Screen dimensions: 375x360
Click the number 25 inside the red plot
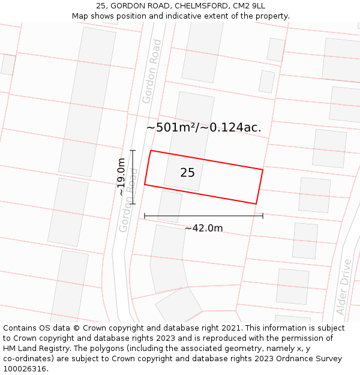click(x=187, y=173)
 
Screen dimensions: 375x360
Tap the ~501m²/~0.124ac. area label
click(x=203, y=127)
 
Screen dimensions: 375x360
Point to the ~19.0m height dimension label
click(x=122, y=177)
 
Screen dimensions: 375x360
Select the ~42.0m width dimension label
click(x=203, y=228)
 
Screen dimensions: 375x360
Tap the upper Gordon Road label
click(x=152, y=71)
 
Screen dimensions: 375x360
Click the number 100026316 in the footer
click(x=23, y=368)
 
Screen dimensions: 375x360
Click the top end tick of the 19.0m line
click(x=133, y=151)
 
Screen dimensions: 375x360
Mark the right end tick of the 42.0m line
click(x=263, y=216)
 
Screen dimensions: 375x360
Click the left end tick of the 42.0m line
click(x=145, y=216)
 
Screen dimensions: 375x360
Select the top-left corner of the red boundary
click(x=151, y=151)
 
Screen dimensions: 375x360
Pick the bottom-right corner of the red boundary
click(x=256, y=204)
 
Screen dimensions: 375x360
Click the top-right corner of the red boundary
click(x=263, y=170)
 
